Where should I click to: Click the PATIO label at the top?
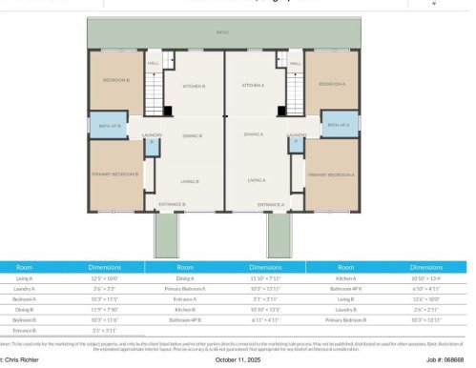[222, 33]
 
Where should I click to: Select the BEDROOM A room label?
[332, 84]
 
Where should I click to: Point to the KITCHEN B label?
[194, 86]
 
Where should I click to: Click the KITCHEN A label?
[252, 86]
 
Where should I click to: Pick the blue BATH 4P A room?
[339, 125]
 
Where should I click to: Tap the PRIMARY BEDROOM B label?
[116, 174]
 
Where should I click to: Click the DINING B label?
[194, 135]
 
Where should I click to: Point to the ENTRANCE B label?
[172, 204]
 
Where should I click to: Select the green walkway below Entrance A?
[278, 233]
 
